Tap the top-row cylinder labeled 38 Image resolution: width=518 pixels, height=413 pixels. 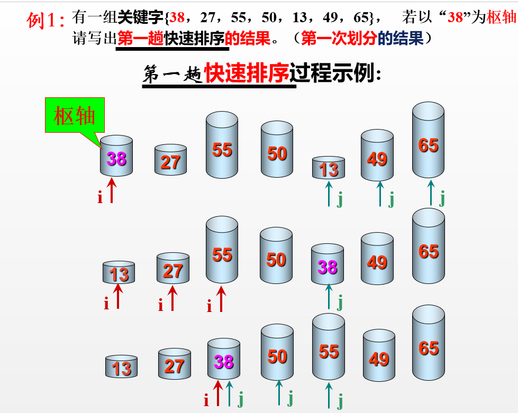[x=116, y=157]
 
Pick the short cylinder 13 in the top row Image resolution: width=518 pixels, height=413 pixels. [x=329, y=168]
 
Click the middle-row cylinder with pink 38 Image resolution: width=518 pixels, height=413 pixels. [x=328, y=265]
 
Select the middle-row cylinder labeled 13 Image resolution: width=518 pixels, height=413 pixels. [x=119, y=272]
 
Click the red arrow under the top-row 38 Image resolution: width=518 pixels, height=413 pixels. [x=112, y=190]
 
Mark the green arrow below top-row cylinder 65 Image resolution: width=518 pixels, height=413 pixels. [x=431, y=192]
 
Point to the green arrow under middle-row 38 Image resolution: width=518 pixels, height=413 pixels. [x=329, y=296]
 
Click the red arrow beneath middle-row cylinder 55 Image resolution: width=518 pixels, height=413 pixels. [x=221, y=299]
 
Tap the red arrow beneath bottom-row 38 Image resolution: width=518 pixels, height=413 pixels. [x=217, y=393]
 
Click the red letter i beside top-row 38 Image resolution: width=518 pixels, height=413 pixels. [x=100, y=198]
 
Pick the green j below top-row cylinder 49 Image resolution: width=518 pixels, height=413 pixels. [x=391, y=199]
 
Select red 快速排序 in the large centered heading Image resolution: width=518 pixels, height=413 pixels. [x=247, y=74]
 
